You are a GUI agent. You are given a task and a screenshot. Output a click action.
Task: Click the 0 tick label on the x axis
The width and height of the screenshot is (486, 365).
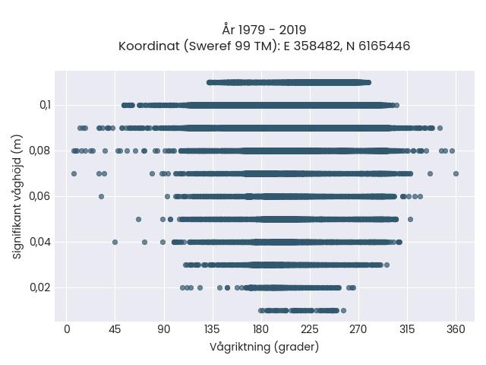click(67, 329)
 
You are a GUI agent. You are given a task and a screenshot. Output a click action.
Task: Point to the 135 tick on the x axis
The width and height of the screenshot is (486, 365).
click(213, 329)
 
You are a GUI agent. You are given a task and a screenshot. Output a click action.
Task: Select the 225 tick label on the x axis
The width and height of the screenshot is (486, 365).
click(310, 329)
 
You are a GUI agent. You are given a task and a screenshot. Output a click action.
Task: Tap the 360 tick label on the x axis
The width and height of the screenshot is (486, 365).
click(456, 329)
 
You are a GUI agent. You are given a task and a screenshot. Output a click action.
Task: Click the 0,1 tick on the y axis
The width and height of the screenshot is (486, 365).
click(45, 106)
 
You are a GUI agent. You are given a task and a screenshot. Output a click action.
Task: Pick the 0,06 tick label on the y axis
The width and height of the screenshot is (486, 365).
click(39, 196)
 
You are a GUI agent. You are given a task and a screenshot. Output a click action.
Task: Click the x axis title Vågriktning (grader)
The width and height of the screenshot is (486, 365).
click(264, 347)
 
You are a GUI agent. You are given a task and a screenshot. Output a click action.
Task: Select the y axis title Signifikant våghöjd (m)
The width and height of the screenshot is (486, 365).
click(17, 197)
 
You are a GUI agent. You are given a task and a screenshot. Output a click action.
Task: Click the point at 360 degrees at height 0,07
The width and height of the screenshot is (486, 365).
click(456, 174)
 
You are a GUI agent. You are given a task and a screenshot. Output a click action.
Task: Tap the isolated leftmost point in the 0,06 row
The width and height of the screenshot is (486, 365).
click(101, 196)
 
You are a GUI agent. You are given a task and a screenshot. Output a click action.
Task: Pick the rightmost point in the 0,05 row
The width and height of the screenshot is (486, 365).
click(410, 220)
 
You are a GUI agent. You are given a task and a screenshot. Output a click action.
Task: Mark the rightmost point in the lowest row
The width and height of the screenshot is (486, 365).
click(343, 311)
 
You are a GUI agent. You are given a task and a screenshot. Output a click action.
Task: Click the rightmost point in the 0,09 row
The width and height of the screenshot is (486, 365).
click(440, 129)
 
